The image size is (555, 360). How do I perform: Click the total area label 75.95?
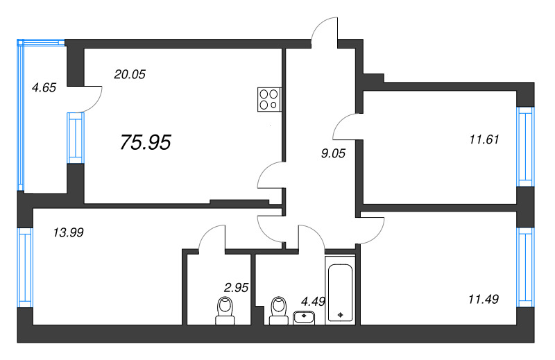pos(146,142)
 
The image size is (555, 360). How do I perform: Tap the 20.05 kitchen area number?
pos(129,74)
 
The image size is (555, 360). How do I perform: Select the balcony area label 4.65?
pos(44,87)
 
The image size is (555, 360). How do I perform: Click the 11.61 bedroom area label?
pos(484,139)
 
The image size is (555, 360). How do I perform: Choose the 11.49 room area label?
pos(484,299)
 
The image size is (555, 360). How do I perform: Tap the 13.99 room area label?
pos(68,233)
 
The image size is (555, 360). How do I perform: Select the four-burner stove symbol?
pos(269,98)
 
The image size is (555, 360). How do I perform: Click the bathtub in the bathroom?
pos(340,293)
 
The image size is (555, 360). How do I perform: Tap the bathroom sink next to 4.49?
pos(304,317)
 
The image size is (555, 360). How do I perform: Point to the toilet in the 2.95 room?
pos(225,310)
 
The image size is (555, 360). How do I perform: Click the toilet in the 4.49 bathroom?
pos(279,310)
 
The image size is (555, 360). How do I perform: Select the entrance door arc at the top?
pos(324,31)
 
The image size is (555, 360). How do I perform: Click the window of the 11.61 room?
pos(525,146)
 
